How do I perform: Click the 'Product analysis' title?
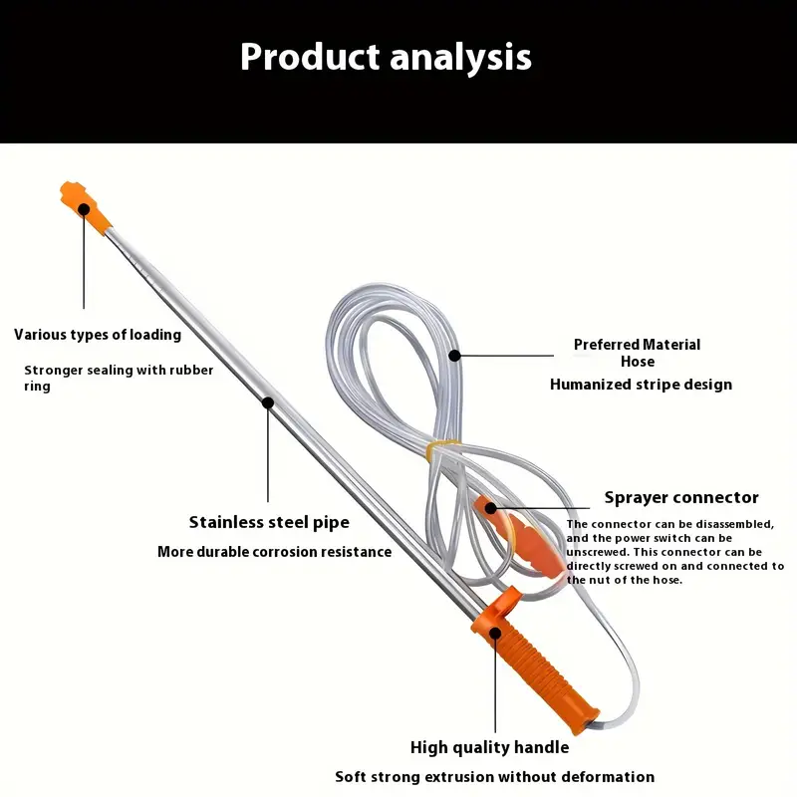coord(386,57)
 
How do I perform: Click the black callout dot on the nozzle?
coord(84,209)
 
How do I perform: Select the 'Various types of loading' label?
coord(98,335)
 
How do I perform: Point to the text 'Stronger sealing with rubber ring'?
coord(119,378)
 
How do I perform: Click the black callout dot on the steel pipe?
coord(268,403)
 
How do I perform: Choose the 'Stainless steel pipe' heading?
coord(269,522)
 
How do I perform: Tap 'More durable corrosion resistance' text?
coord(275,552)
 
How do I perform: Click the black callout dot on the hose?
coord(455,356)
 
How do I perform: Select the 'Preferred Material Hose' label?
coord(638,353)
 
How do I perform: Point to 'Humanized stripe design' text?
coord(641,385)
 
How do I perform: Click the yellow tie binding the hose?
coord(442,449)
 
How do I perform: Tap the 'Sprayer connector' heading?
coord(681,497)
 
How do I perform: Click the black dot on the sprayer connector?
coord(490,508)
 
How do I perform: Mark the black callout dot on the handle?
coord(495,633)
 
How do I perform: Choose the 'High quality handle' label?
coord(489,747)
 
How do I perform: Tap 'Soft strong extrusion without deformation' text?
coord(494,777)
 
